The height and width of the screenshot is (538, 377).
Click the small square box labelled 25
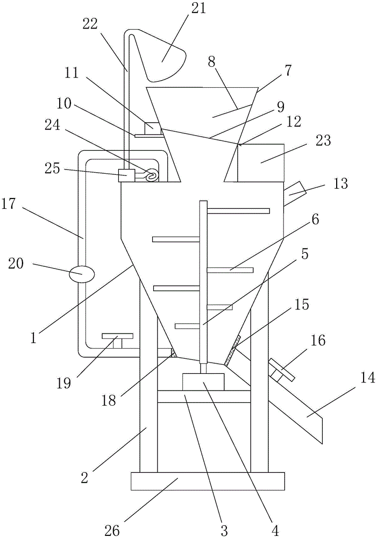[x=126, y=176]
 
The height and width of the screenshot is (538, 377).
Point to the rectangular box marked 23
[x=261, y=162]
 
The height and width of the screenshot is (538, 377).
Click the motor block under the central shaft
[x=203, y=381]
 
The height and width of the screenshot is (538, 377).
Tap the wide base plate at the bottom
[x=208, y=481]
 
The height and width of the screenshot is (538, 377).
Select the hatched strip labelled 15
[x=232, y=350]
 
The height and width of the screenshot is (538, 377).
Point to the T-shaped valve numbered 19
[x=117, y=339]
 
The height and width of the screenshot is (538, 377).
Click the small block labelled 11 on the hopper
[x=152, y=129]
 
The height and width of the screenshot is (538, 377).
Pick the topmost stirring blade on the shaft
[x=238, y=210]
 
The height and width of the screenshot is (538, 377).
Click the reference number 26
[x=112, y=530]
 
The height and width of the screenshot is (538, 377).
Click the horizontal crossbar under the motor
[x=204, y=397]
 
